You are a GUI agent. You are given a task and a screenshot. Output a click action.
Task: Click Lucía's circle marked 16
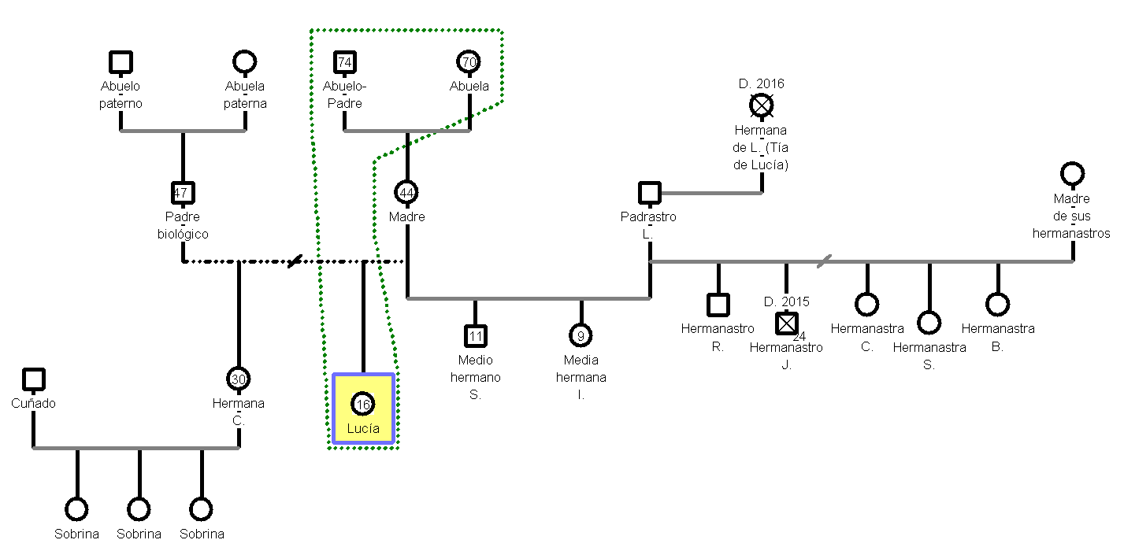pyautogui.click(x=362, y=404)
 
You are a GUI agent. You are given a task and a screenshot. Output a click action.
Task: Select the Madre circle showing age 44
pyautogui.click(x=406, y=192)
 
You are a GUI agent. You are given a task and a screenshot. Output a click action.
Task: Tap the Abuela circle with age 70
pyautogui.click(x=469, y=61)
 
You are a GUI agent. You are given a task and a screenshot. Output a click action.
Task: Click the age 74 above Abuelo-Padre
pyautogui.click(x=345, y=62)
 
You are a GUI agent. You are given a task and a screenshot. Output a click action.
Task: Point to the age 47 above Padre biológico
pyautogui.click(x=182, y=193)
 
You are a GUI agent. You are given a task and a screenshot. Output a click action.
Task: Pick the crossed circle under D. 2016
pyautogui.click(x=761, y=105)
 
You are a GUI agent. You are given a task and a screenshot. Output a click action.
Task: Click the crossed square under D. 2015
pyautogui.click(x=786, y=323)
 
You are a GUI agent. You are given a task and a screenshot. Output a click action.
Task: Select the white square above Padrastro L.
pyautogui.click(x=649, y=193)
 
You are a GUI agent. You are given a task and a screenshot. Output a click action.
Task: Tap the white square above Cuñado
pyautogui.click(x=34, y=379)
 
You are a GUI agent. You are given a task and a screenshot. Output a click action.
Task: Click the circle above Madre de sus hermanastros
pyautogui.click(x=1072, y=174)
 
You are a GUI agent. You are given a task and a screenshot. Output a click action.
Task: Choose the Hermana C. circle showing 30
pyautogui.click(x=239, y=379)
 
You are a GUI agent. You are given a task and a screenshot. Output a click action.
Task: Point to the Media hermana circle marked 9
pyautogui.click(x=581, y=336)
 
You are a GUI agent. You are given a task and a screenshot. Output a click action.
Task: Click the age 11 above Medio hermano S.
pyautogui.click(x=475, y=336)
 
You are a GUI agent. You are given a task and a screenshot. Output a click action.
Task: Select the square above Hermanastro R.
pyautogui.click(x=718, y=305)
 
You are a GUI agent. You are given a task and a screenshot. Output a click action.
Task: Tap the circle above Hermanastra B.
pyautogui.click(x=997, y=305)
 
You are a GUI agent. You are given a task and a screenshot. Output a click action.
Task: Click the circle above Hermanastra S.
pyautogui.click(x=929, y=323)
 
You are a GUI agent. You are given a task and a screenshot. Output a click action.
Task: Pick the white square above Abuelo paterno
pyautogui.click(x=121, y=62)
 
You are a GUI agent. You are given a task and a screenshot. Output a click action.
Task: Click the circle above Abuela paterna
pyautogui.click(x=245, y=61)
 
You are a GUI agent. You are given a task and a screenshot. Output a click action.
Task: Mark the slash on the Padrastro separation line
pyautogui.click(x=824, y=261)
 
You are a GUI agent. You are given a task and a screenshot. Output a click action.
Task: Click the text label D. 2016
pyautogui.click(x=761, y=83)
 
